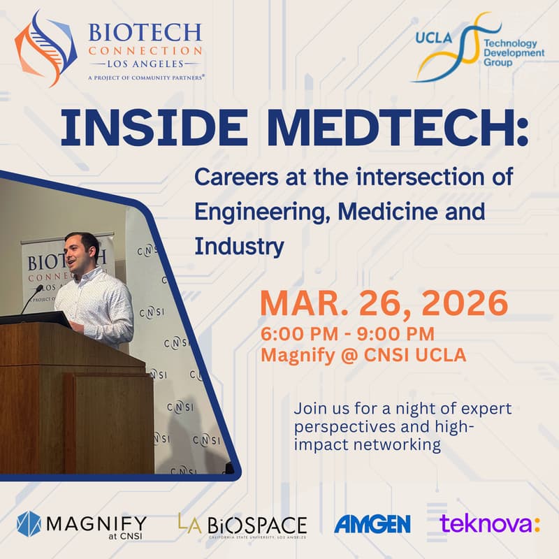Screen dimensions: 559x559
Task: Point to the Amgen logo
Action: (372, 524)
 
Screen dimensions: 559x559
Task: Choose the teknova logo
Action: (489, 524)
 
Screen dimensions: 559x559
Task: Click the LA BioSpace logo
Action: (242, 525)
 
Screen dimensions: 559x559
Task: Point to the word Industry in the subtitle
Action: (239, 246)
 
